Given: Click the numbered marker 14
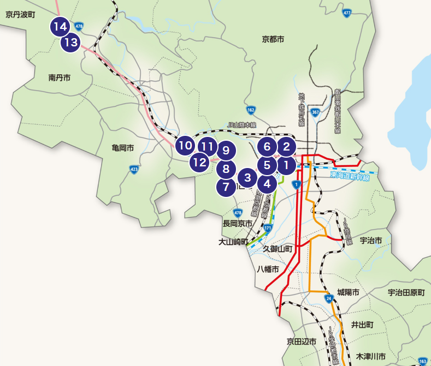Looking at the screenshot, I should tap(60, 26).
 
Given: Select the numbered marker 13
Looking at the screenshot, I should tap(70, 42).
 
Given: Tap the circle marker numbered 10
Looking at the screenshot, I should tap(186, 146).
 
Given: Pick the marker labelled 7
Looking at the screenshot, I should tap(226, 188).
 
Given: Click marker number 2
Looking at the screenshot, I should tap(286, 146).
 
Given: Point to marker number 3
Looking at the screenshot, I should tap(247, 177).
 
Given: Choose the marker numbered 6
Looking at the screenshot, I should tap(267, 146).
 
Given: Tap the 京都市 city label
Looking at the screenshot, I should tap(273, 39).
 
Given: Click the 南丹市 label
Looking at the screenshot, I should tap(60, 78).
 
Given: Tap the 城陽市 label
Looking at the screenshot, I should tap(348, 293).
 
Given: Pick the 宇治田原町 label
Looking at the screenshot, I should tap(406, 293).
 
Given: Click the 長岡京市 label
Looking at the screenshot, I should tap(237, 224).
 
